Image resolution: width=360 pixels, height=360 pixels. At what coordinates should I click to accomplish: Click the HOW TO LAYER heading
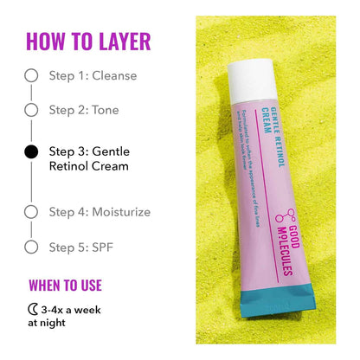[88, 41]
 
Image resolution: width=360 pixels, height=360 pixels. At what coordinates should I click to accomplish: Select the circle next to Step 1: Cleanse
[31, 75]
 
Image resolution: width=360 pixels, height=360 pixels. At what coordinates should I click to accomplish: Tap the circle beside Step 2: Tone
[31, 110]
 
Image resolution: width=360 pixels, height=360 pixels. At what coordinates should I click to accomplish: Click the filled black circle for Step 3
[31, 151]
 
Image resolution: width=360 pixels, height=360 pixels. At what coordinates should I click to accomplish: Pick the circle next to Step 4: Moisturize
[31, 212]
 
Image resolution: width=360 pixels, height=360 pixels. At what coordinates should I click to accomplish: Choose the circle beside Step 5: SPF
[31, 247]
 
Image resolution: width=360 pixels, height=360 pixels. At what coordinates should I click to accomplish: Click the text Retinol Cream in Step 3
[88, 166]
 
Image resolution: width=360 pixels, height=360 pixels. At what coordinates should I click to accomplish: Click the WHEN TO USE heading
[65, 285]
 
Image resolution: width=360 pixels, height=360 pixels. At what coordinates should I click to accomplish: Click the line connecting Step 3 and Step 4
[31, 182]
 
